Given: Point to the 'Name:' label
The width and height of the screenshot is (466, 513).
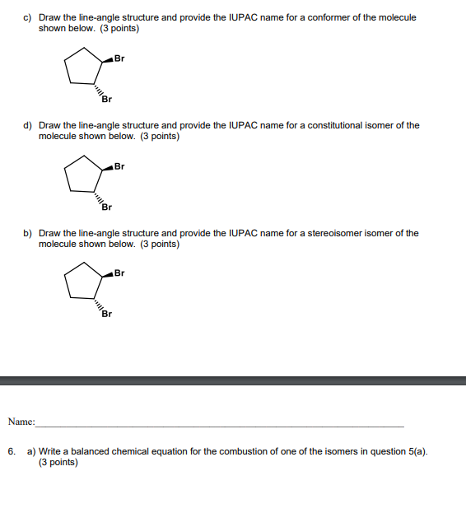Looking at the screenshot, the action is pyautogui.click(x=21, y=422).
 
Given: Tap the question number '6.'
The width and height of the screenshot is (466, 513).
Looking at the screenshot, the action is pyautogui.click(x=12, y=451).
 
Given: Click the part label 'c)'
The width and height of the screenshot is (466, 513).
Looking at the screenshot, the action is pyautogui.click(x=27, y=17).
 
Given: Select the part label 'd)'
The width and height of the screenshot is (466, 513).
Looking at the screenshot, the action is pyautogui.click(x=27, y=125).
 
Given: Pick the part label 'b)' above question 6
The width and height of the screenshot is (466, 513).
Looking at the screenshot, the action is pyautogui.click(x=27, y=233).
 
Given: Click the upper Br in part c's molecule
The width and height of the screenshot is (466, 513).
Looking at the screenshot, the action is pyautogui.click(x=119, y=58).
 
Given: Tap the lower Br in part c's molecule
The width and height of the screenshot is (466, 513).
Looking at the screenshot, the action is pyautogui.click(x=107, y=100).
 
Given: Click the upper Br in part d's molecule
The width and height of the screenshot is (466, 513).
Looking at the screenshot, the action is pyautogui.click(x=119, y=166).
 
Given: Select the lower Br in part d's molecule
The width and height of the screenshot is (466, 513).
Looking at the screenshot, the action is pyautogui.click(x=107, y=208).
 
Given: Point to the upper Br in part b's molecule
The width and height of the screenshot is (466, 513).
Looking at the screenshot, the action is pyautogui.click(x=119, y=273).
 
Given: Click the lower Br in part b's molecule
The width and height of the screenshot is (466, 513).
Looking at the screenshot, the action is pyautogui.click(x=107, y=315).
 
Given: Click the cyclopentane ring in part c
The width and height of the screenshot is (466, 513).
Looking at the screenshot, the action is pyautogui.click(x=83, y=68).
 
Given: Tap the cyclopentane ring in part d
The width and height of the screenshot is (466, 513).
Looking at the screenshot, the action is pyautogui.click(x=83, y=175).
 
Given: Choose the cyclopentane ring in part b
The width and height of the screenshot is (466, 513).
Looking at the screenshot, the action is pyautogui.click(x=83, y=282).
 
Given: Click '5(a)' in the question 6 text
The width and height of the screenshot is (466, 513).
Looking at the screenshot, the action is pyautogui.click(x=415, y=451).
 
